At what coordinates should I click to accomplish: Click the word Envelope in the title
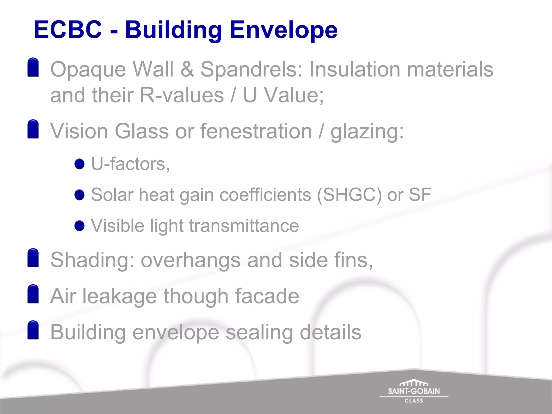pos(283,30)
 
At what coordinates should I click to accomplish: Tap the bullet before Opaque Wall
pos(33,67)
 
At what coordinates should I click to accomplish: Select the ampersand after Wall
pos(187,69)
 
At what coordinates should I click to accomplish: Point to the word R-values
pos(182,95)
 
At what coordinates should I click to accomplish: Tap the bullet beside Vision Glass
pos(33,129)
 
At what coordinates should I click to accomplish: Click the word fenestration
pos(256,131)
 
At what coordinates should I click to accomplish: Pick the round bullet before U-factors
pos(80,164)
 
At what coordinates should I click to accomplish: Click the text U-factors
pos(130,164)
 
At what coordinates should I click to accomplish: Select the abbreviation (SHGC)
pos(349,195)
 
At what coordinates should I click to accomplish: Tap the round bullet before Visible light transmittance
pos(80,226)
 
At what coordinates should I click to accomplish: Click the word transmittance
pos(244,226)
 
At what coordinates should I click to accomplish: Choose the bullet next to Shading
pos(33,258)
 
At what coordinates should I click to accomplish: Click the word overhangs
pos(191,260)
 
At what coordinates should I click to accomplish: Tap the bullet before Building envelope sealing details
pos(33,330)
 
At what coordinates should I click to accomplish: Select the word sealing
pos(259,333)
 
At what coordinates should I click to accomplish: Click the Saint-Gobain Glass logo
pos(414,392)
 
